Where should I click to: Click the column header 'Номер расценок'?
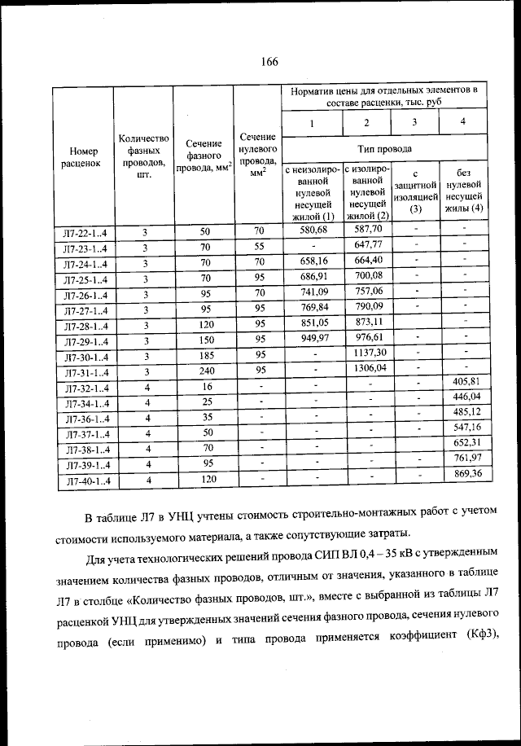point(84,156)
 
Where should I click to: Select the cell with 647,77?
point(366,245)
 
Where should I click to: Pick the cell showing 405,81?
point(463,381)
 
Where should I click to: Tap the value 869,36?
point(463,473)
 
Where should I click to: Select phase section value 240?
point(205,369)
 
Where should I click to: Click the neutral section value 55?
point(259,247)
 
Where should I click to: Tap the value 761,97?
point(463,458)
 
